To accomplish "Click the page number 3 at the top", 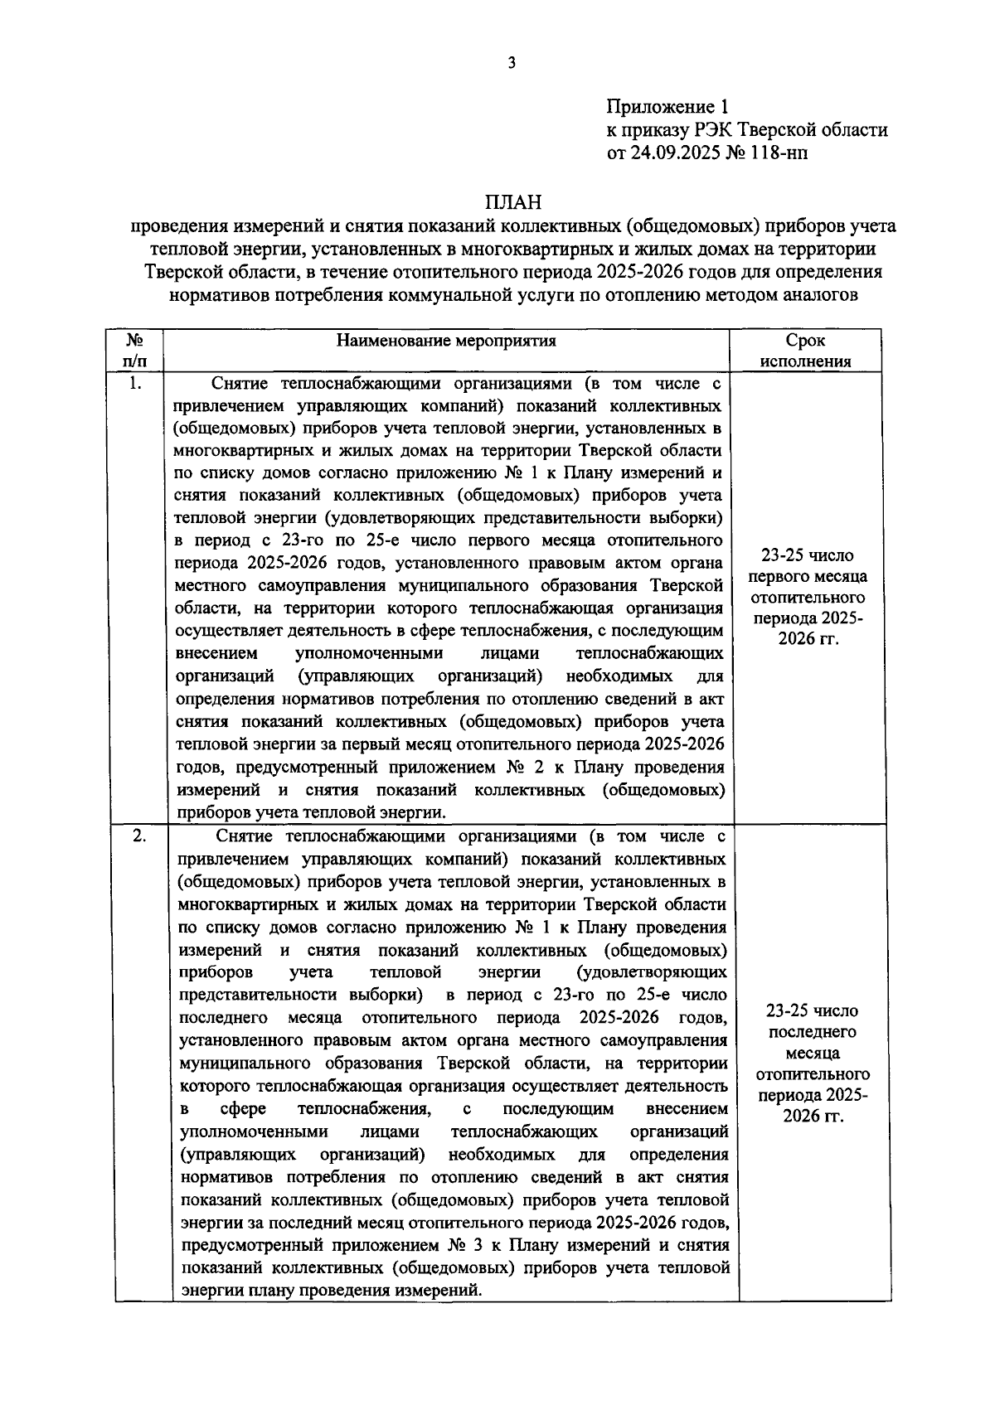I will click(x=512, y=63).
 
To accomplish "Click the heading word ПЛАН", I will click(x=512, y=202).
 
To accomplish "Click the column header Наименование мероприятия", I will click(x=446, y=341).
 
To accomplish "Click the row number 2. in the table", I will click(x=139, y=836).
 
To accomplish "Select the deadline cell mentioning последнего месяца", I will click(x=812, y=1063).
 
